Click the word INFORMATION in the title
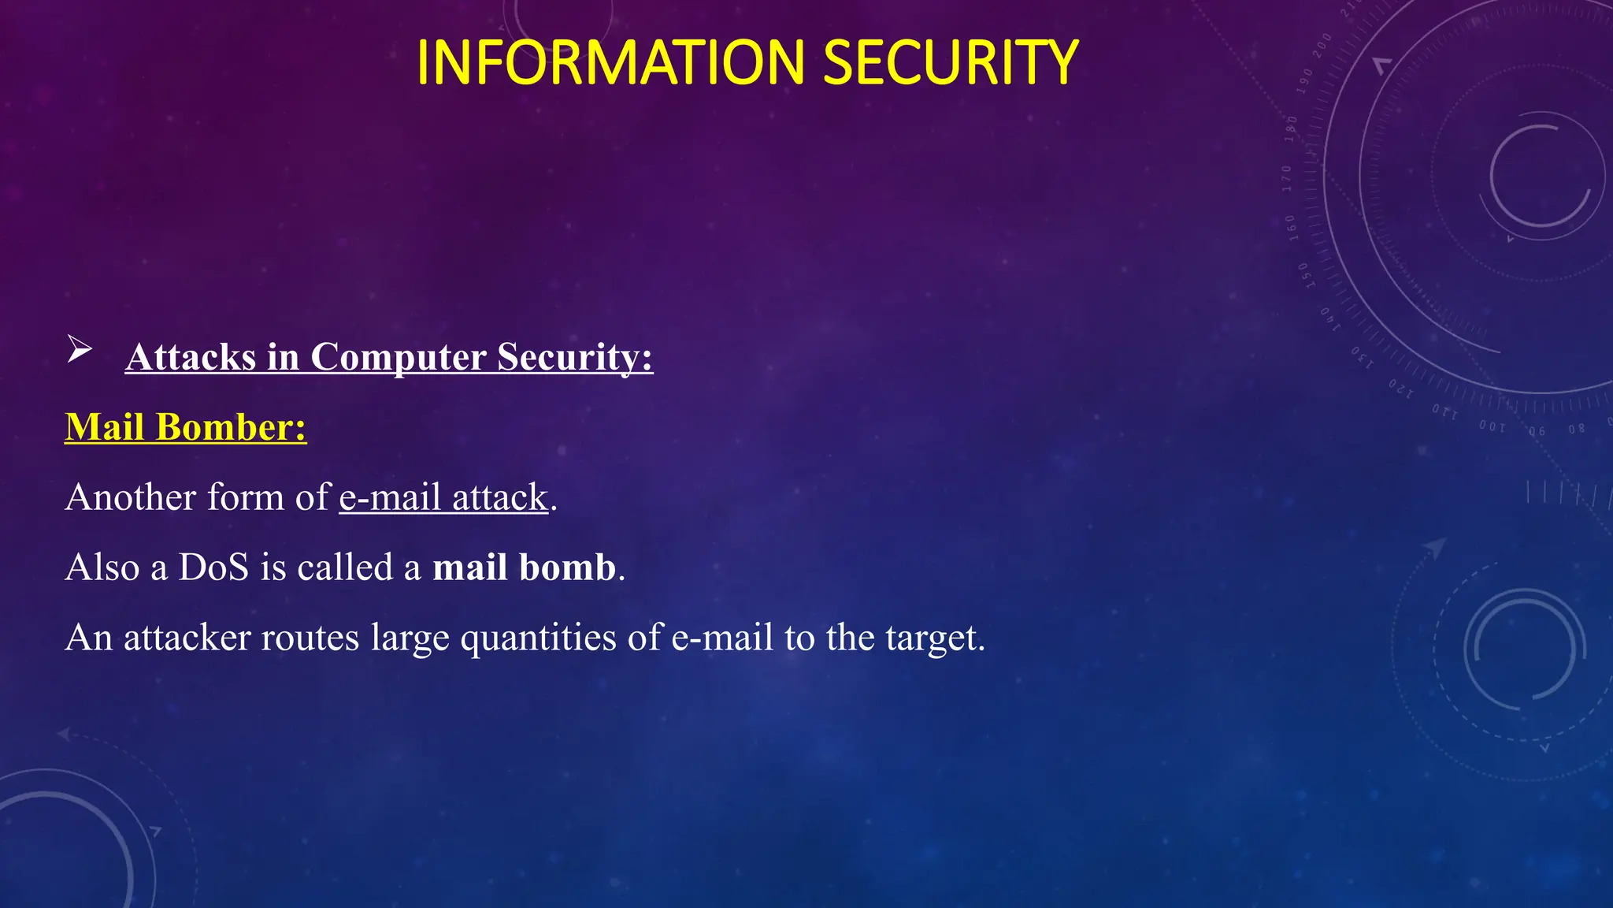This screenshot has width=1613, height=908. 610,63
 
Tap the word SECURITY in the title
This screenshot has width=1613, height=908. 951,63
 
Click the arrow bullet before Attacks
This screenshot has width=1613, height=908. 79,349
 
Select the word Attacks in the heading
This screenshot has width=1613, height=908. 191,357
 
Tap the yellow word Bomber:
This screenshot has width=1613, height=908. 231,427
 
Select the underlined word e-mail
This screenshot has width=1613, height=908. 390,497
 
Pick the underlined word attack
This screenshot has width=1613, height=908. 499,497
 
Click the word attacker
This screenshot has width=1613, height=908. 187,638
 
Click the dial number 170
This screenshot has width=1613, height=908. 1287,178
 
